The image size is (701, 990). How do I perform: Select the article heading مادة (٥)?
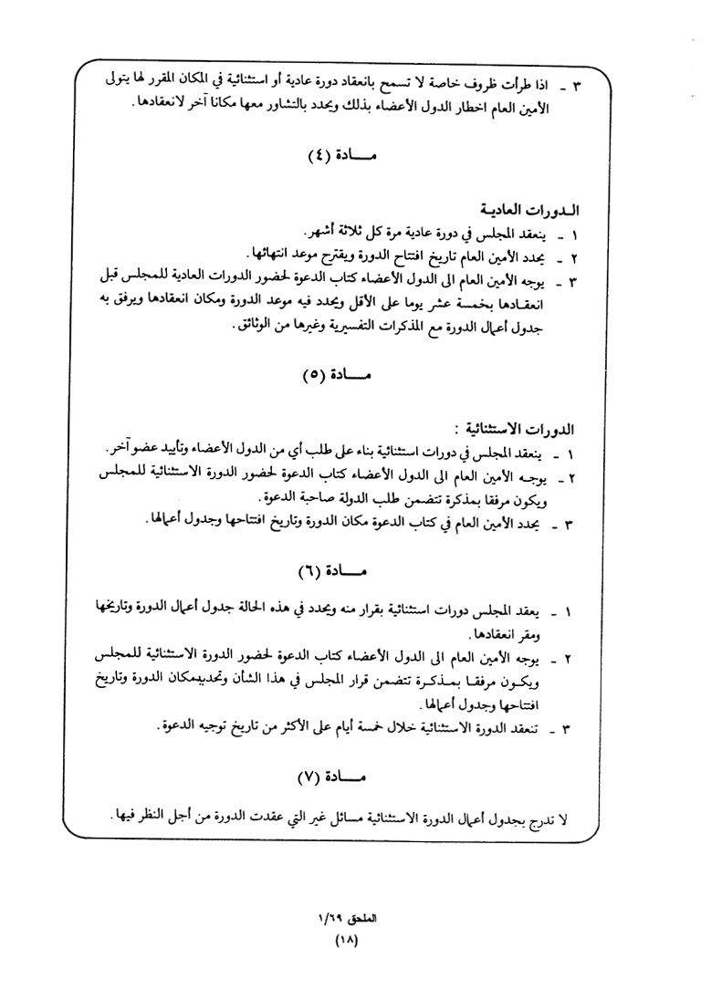338,374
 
